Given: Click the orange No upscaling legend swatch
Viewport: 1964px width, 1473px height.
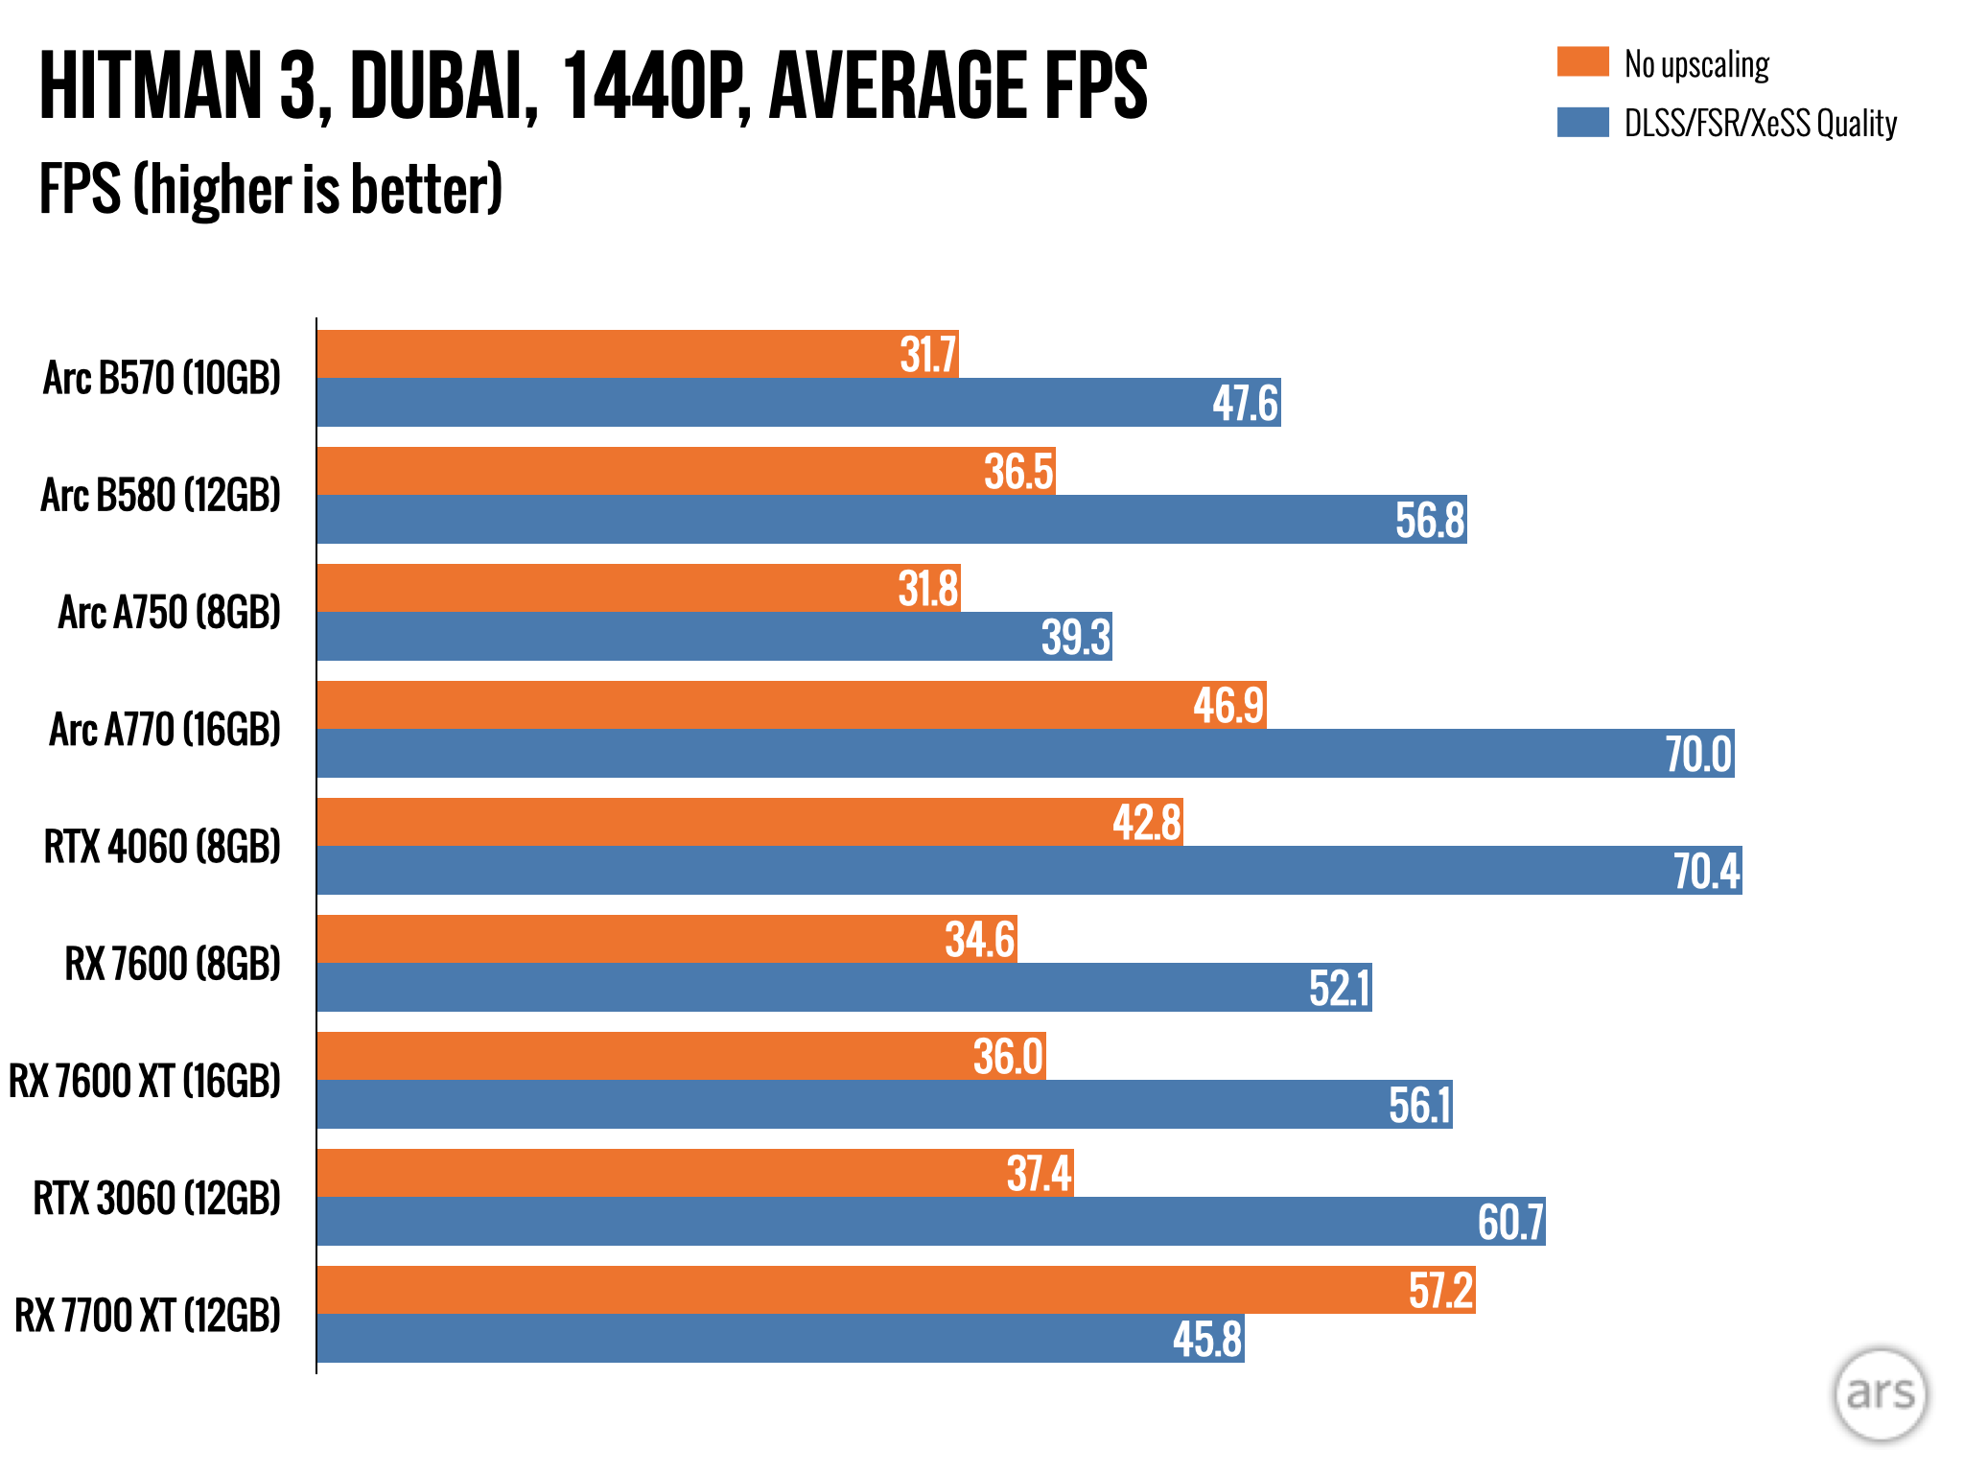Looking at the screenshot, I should pyautogui.click(x=1582, y=61).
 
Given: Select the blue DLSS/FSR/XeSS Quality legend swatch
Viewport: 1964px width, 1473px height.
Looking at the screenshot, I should pyautogui.click(x=1582, y=122).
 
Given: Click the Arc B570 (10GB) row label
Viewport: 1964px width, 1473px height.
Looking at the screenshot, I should pyautogui.click(x=162, y=378).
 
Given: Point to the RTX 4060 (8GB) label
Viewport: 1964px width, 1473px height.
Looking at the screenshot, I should pyautogui.click(x=162, y=847).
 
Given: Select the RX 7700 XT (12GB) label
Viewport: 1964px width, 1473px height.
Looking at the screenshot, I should pyautogui.click(x=148, y=1315).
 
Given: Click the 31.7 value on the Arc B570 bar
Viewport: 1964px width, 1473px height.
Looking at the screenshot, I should pyautogui.click(x=927, y=355).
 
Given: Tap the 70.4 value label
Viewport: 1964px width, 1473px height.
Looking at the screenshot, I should pyautogui.click(x=1706, y=871).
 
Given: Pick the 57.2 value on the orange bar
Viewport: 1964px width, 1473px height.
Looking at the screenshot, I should pyautogui.click(x=1440, y=1290).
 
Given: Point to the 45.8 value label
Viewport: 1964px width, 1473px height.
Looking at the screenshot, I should pyautogui.click(x=1207, y=1339).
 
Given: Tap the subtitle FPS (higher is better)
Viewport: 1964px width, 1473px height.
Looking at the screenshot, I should pyautogui.click(x=270, y=189).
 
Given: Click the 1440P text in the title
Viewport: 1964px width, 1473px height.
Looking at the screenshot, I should pyautogui.click(x=652, y=86).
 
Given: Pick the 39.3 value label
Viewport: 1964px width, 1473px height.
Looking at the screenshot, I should pyautogui.click(x=1076, y=637).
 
